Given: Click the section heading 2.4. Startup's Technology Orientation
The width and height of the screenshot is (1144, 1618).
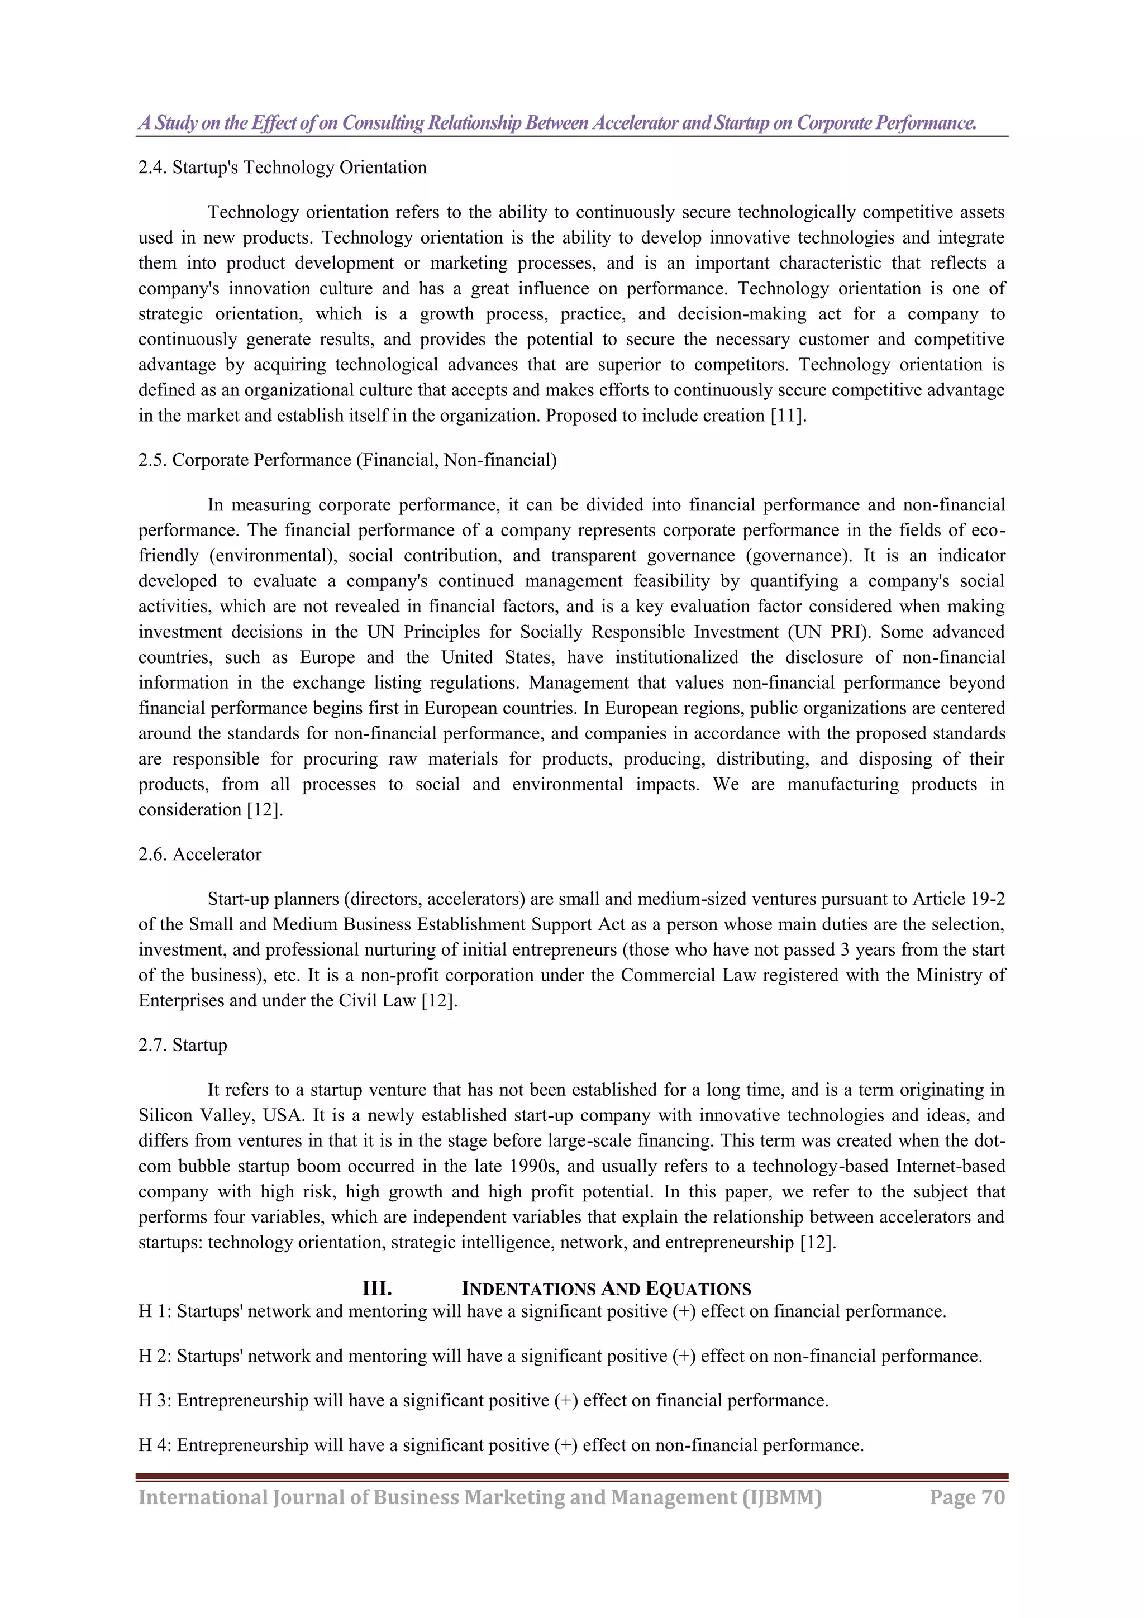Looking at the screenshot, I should coord(282,168).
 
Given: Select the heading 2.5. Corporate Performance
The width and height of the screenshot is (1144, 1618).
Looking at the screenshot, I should coord(347,460).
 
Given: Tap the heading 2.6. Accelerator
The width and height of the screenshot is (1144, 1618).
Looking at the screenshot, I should coord(199,854).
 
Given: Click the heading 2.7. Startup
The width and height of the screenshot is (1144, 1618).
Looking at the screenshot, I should coord(183,1045).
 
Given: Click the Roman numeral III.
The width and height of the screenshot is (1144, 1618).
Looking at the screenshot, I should coord(376,1289).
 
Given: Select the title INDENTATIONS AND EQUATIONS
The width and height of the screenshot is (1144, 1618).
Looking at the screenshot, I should coord(606,1289).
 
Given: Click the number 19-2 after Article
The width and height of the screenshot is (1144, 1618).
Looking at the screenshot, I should coord(988,899).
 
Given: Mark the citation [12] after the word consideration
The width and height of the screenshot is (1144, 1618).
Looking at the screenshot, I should coord(265,810).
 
